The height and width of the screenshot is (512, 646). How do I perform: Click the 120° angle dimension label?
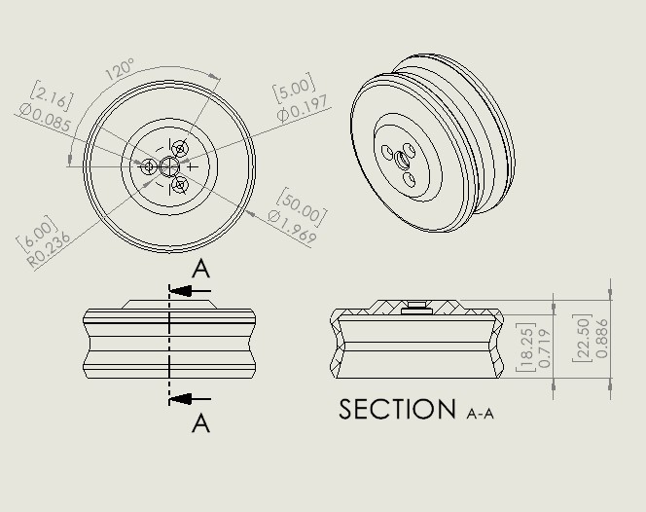click(120, 69)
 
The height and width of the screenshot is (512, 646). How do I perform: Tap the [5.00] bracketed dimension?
click(293, 91)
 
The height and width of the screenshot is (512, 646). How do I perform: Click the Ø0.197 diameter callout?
click(303, 109)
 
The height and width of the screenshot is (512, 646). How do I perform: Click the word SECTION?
click(397, 410)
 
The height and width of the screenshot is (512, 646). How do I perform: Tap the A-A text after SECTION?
click(481, 414)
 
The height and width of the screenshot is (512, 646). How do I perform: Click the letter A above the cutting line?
click(200, 269)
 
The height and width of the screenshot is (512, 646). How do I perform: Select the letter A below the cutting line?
click(200, 423)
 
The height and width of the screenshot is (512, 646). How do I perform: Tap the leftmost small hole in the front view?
click(149, 167)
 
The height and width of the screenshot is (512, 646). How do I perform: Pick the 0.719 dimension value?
click(545, 348)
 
